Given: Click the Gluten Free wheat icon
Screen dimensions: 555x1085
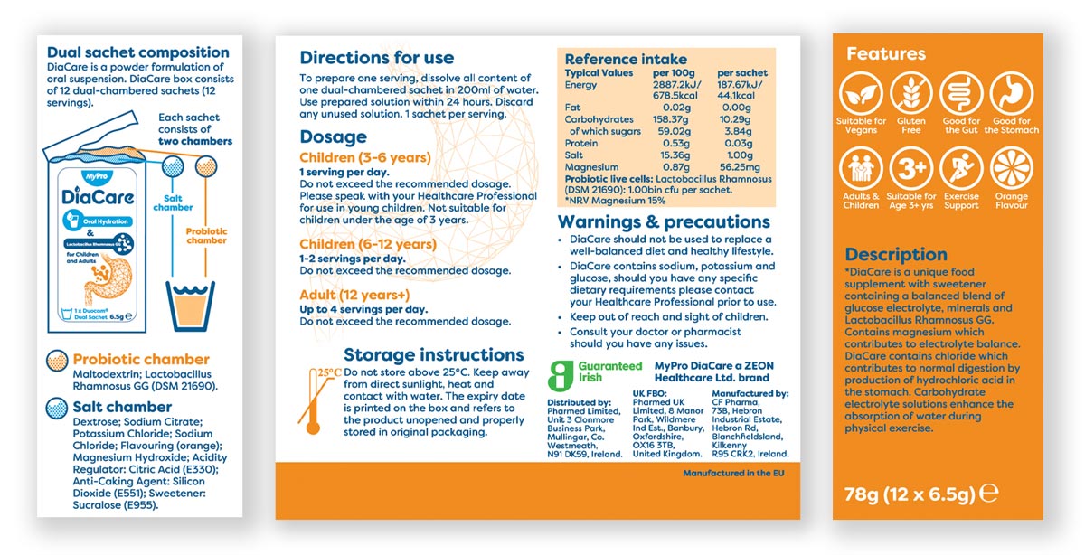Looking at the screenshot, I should point(911,93).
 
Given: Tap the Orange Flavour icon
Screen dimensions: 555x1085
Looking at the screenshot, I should point(1012,169).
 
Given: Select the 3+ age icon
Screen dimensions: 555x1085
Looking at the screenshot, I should point(911,169).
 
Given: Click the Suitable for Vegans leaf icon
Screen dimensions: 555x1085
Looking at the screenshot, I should point(861,93).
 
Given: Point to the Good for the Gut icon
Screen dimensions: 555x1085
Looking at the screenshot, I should point(961,93).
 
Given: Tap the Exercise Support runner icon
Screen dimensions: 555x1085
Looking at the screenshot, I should point(961,169).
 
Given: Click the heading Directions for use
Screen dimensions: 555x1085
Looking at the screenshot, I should point(377,58).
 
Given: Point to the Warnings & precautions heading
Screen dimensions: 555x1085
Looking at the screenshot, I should point(664,221).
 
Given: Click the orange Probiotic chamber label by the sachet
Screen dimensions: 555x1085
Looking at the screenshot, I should point(206,236).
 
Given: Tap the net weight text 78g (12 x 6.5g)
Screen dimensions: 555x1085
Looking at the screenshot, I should point(909,494).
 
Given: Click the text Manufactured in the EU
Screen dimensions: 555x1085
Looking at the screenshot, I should point(727,474).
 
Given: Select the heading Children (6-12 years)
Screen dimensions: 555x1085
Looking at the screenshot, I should point(368,244).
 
